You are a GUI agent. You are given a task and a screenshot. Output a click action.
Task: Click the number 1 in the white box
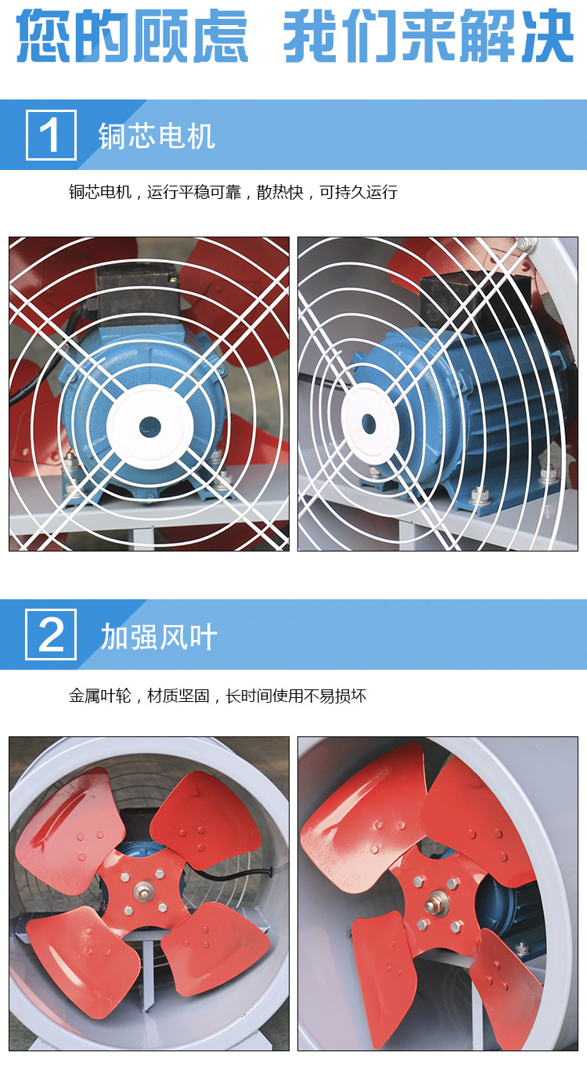click(51, 136)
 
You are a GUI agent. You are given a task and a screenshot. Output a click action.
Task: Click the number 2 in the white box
click(51, 635)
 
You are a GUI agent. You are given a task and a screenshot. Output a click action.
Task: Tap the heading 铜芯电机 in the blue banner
click(157, 136)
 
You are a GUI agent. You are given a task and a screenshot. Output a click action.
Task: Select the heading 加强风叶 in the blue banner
click(159, 638)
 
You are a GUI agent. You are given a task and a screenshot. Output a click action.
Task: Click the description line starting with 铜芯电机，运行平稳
click(233, 192)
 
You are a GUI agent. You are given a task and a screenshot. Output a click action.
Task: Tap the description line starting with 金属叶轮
click(218, 696)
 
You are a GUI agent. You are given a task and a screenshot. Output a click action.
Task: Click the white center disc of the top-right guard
click(367, 424)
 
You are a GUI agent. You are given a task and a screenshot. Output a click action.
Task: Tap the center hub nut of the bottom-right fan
click(433, 906)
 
